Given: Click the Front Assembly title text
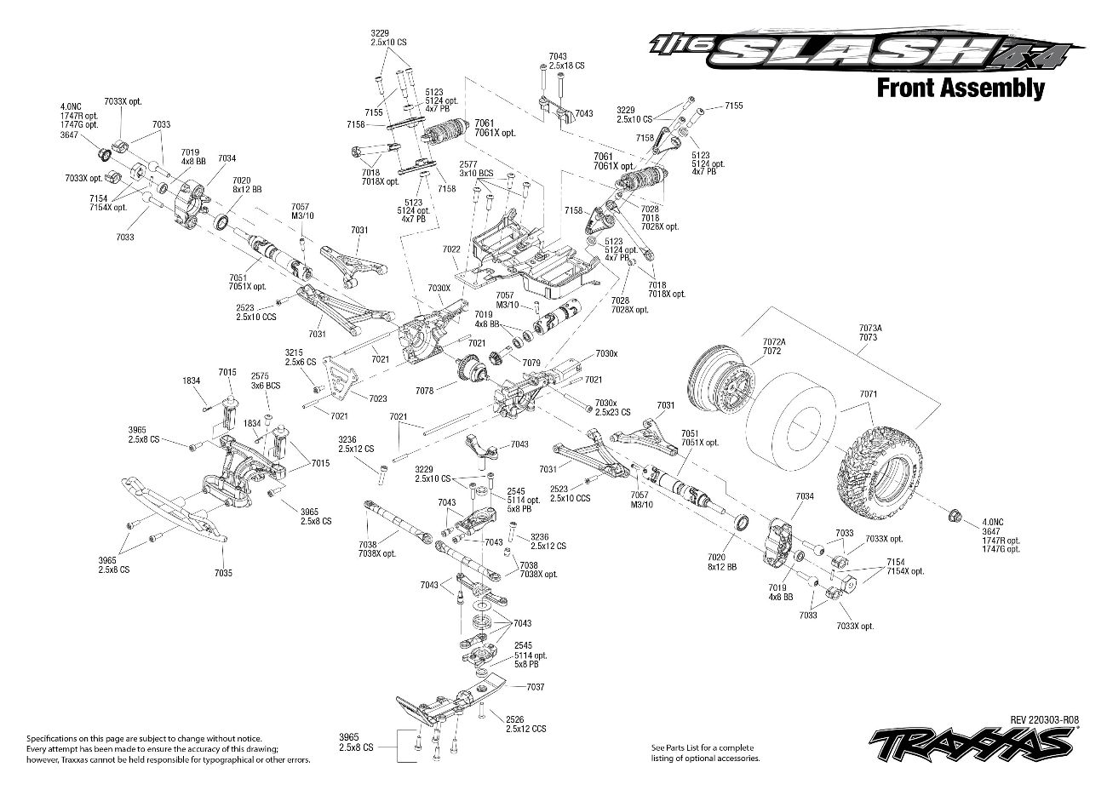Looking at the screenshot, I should [x=960, y=88].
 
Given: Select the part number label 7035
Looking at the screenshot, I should [x=223, y=574].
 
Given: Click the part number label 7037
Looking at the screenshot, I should [x=535, y=687].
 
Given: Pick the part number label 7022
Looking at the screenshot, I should [x=451, y=249].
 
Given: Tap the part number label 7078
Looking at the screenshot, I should [x=425, y=390].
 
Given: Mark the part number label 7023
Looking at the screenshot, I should [x=378, y=398].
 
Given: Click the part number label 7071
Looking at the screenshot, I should [x=868, y=394].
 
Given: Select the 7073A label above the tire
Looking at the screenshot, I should [x=870, y=328].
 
